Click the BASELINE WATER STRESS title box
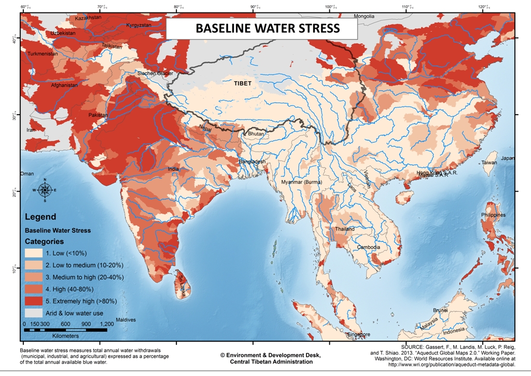click(261, 28)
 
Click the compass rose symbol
click(45, 190)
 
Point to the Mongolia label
click(364, 16)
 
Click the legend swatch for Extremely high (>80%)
click(34, 301)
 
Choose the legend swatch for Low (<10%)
click(34, 253)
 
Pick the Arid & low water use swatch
click(34, 313)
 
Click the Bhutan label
click(256, 134)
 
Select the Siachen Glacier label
click(155, 73)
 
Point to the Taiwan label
click(489, 163)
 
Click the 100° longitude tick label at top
click(330, 7)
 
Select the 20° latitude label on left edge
click(16, 192)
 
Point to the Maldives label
click(125, 319)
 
